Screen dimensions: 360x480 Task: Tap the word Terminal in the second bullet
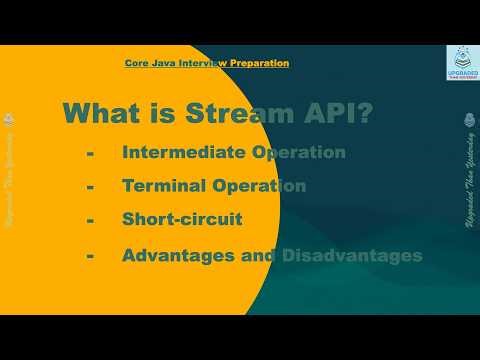click(160, 186)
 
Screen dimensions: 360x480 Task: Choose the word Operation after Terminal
click(255, 186)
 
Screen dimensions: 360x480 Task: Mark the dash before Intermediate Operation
click(91, 154)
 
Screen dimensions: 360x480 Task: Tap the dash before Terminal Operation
click(91, 187)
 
